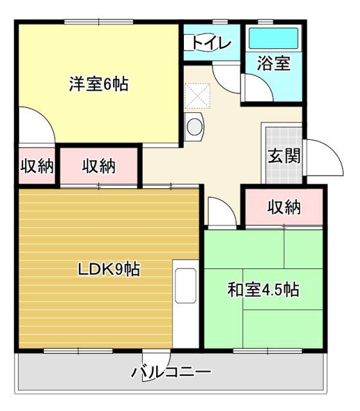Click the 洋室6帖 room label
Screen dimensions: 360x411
coord(99,84)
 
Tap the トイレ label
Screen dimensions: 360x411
coord(212,43)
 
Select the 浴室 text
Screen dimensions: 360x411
coord(274,63)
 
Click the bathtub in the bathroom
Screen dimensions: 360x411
coord(273,39)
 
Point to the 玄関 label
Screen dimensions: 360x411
coord(284,156)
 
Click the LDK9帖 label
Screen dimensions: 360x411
coord(109,269)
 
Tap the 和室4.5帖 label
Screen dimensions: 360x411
coord(263,290)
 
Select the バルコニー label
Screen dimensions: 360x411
coord(171,372)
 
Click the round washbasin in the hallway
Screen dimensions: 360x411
coord(194,127)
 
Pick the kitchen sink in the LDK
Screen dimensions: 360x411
coord(186,286)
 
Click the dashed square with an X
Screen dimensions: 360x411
coord(197,96)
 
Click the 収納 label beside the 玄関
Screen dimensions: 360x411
coord(284,208)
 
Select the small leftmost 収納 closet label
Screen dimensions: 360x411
coord(37,166)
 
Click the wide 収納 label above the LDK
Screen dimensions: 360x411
coord(98,166)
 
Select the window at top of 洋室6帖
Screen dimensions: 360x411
coord(98,22)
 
